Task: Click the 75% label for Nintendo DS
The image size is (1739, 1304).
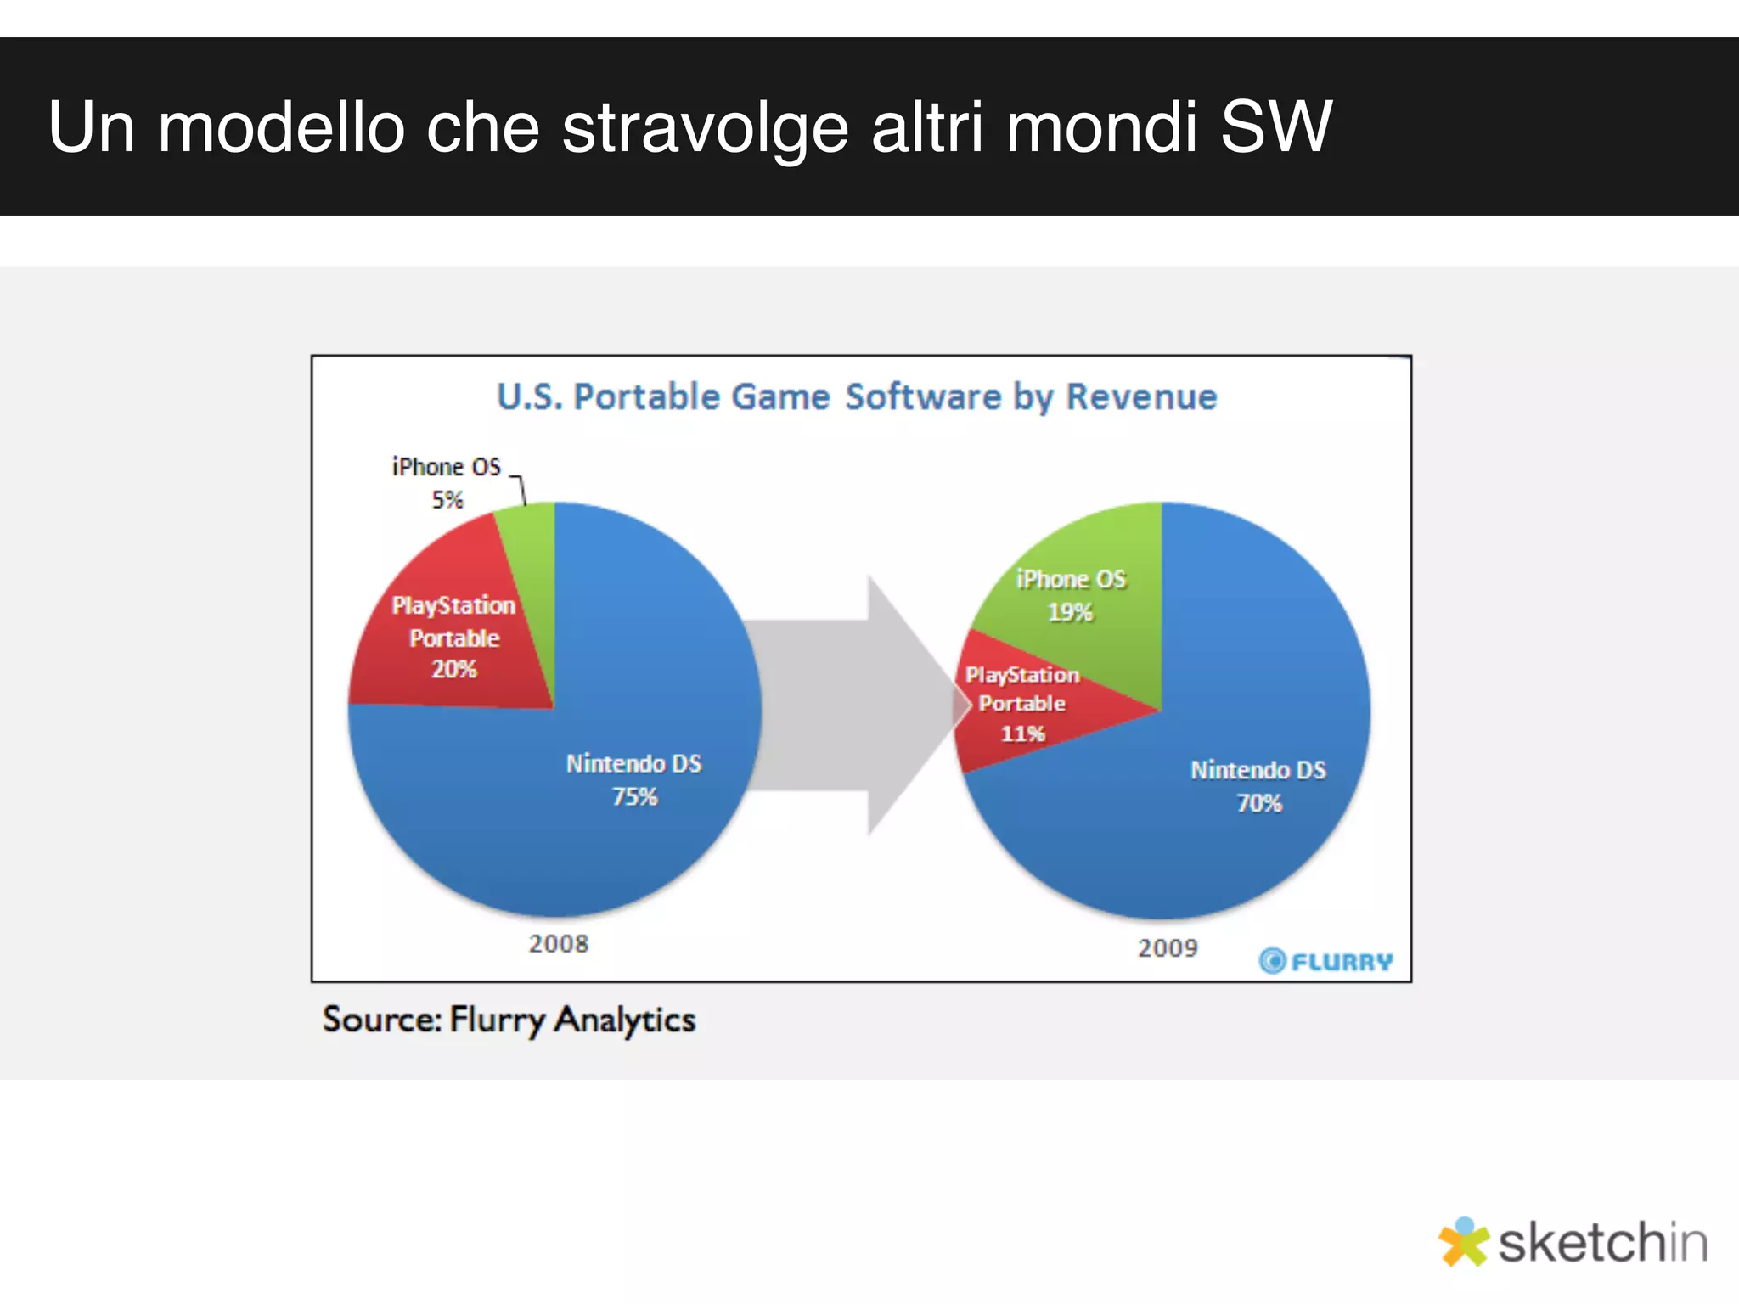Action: click(635, 797)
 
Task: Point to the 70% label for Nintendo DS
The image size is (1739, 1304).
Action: click(1259, 803)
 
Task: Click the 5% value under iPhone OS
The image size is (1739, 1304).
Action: click(447, 500)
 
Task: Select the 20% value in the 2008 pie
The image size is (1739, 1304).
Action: click(454, 670)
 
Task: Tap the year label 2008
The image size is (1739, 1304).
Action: click(559, 944)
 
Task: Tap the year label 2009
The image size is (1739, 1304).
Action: click(1168, 948)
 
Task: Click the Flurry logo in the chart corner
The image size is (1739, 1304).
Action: click(1325, 961)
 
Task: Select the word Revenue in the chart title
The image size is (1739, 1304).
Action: click(1141, 397)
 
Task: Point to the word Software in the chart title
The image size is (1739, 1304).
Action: click(923, 397)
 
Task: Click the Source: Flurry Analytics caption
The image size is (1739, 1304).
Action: click(509, 1020)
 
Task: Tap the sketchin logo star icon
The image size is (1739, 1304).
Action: click(1463, 1242)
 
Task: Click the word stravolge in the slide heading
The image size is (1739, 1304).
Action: click(705, 127)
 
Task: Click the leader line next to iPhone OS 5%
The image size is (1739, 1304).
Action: click(521, 488)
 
